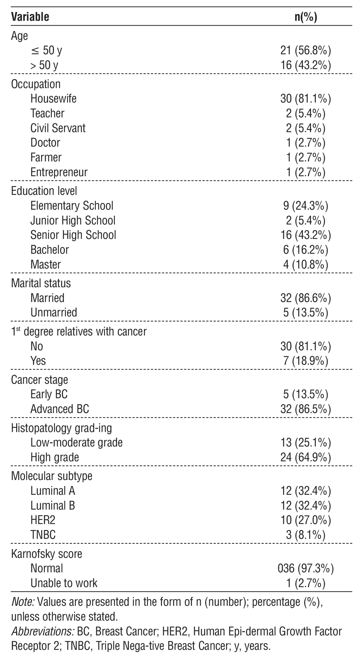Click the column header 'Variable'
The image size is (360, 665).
pos(30,17)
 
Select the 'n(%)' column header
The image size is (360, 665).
pos(305,17)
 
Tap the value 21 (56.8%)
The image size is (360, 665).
pos(305,51)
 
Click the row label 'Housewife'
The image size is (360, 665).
pos(53,98)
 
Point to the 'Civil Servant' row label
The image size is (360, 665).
pos(58,128)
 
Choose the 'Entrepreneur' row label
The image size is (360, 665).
pos(59,172)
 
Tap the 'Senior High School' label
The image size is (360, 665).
pos(73,235)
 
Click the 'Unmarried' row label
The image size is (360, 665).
pos(54,313)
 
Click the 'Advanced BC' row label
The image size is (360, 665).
pos(60,409)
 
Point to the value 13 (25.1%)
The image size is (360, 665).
pos(305,443)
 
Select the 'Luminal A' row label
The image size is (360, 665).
pos(52,491)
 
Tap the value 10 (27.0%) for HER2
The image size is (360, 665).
pos(305,520)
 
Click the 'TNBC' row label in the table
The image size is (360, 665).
pos(43,535)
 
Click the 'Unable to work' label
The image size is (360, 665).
pos(64,583)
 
